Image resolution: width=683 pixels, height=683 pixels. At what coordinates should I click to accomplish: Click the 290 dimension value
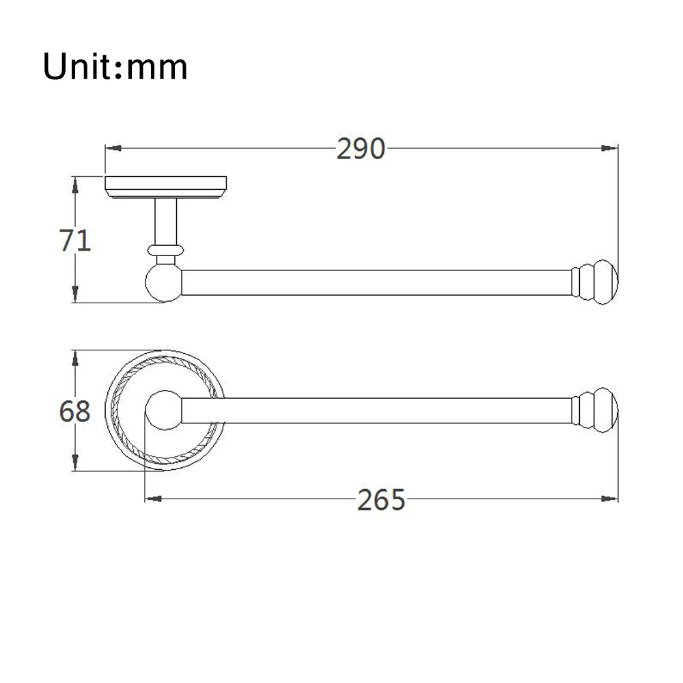coord(361,149)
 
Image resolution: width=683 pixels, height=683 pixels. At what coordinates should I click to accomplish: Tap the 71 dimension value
coord(75,240)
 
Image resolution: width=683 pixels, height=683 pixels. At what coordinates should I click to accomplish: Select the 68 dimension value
coord(75,411)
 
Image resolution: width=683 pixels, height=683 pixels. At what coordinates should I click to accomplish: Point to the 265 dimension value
coord(381,500)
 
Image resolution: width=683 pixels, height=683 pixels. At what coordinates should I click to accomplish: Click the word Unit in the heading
coord(76,66)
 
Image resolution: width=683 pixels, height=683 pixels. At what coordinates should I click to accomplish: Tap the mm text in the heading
coord(157,69)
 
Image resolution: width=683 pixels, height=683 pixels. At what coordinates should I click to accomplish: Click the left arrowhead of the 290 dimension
coord(113,148)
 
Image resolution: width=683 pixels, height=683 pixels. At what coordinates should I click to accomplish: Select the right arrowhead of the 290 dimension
coord(609,148)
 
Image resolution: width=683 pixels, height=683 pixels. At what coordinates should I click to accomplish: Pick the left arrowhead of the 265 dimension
coord(153,499)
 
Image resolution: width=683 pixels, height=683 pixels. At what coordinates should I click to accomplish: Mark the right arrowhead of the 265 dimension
coord(609,499)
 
